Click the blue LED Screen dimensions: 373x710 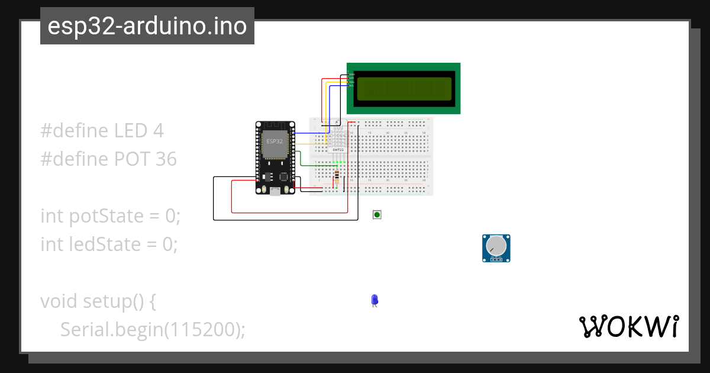click(374, 300)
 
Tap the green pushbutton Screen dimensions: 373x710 click(377, 214)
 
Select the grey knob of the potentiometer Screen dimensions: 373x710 click(496, 245)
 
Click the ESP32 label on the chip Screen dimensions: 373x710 click(275, 142)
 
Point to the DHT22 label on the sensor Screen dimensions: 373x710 click(338, 150)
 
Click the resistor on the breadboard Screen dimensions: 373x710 click(337, 176)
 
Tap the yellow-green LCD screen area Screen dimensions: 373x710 click(404, 88)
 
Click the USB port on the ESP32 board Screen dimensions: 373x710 click(275, 191)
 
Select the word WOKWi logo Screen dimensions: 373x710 click(628, 326)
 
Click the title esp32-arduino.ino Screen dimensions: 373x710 click(147, 26)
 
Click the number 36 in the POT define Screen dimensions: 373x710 click(166, 159)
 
